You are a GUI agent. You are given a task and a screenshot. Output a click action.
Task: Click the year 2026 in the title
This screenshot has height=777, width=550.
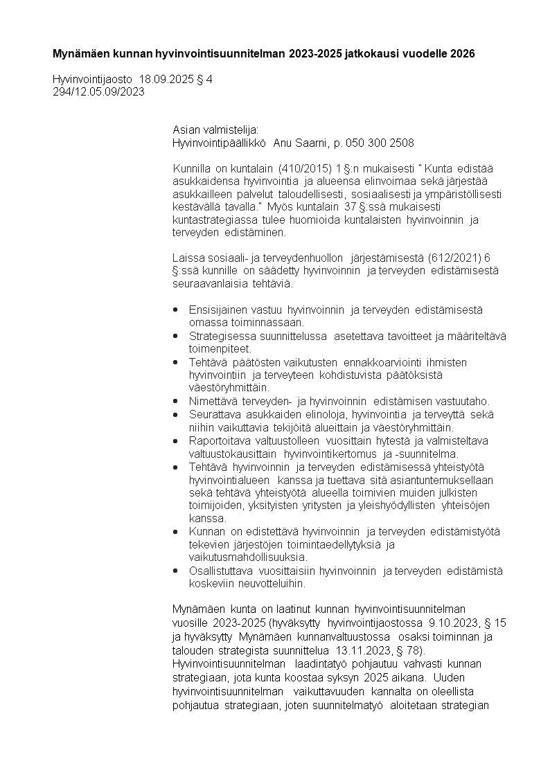click(462, 53)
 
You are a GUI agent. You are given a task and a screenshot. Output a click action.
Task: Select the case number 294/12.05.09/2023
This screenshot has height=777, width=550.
click(98, 92)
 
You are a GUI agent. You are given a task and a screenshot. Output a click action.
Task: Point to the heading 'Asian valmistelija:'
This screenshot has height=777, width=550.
click(215, 131)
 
